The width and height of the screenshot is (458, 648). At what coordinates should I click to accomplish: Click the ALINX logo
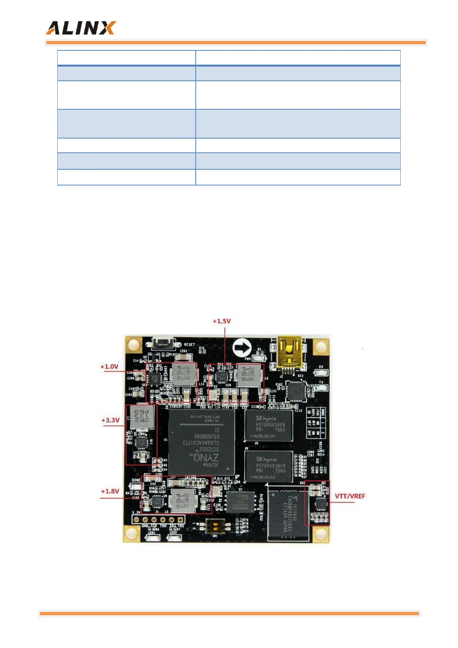(80, 28)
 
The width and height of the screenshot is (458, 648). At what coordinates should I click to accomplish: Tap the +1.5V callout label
(222, 321)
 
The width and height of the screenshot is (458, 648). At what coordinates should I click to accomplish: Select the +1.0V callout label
(109, 366)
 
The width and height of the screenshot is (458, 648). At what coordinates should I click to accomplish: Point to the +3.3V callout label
(110, 420)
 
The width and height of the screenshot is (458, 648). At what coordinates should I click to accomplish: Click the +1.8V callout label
(110, 491)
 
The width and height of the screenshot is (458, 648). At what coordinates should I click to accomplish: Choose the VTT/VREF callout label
(350, 496)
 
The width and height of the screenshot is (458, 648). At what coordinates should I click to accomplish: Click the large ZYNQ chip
(202, 442)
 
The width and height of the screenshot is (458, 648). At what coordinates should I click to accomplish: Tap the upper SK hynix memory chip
(269, 425)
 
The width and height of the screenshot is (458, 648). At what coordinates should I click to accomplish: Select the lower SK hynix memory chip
(269, 466)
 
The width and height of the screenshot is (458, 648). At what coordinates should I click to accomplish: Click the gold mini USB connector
(290, 354)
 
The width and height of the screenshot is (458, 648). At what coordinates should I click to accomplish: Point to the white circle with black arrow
(242, 348)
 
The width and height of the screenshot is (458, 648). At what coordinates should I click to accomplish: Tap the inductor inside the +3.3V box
(142, 417)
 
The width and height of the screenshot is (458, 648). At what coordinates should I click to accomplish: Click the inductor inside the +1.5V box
(248, 374)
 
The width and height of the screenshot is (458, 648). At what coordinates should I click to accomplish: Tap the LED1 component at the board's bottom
(153, 538)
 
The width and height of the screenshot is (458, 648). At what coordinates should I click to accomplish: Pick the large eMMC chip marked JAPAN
(288, 513)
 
